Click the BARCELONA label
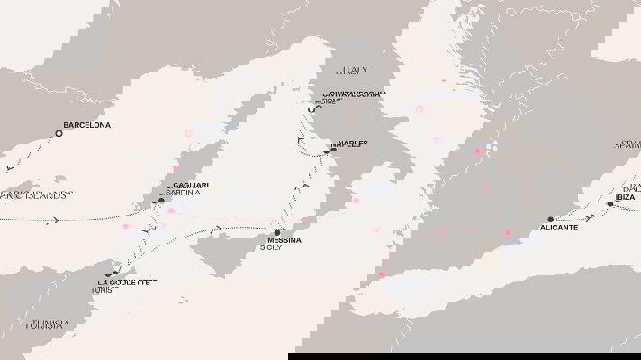(x=87, y=125)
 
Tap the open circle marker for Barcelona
(x=59, y=133)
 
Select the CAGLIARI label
(x=187, y=185)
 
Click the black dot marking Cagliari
(x=162, y=200)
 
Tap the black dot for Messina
(x=277, y=232)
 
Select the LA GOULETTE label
(x=127, y=283)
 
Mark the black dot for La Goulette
(x=108, y=274)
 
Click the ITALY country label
(x=353, y=70)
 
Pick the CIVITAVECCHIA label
(x=355, y=94)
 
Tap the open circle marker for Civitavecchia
(x=314, y=109)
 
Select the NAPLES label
(x=348, y=144)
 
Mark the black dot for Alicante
(x=550, y=219)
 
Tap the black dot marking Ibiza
(x=609, y=203)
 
